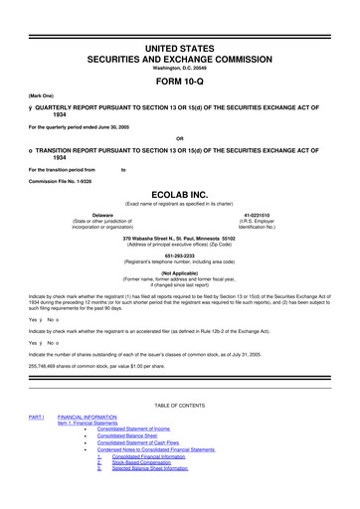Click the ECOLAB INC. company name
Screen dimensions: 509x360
pos(180,195)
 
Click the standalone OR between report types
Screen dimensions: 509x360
pos(180,137)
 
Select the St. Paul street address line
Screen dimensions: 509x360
pos(180,239)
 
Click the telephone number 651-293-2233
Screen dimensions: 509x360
pos(180,253)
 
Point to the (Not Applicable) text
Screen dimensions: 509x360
pos(180,272)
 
